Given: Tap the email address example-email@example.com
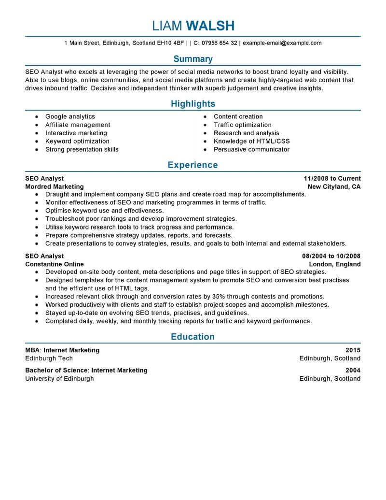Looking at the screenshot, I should (x=282, y=43).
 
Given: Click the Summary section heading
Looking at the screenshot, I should (x=193, y=59).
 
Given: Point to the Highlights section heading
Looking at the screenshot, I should (x=193, y=104).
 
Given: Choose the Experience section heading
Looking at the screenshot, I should (x=193, y=165).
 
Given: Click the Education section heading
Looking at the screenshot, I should (x=193, y=337).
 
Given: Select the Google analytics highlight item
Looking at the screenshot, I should (x=70, y=116).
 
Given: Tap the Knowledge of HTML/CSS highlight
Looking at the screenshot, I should (x=251, y=141).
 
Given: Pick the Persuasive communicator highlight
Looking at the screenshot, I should (x=251, y=149).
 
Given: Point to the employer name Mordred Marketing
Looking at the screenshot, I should (x=55, y=186).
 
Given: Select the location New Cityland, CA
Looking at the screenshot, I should (x=334, y=186).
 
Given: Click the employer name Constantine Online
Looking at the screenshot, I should (x=55, y=264).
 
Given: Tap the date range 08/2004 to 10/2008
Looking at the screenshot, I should (x=331, y=256).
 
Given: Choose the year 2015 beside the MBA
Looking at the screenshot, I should (x=353, y=350).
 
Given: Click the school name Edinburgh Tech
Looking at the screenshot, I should (x=49, y=358).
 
